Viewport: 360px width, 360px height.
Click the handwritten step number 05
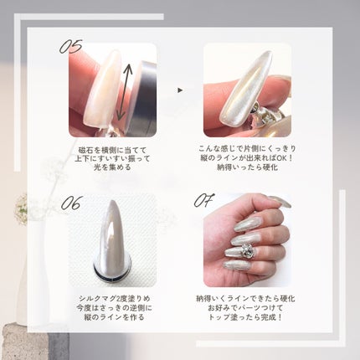click(x=70, y=47)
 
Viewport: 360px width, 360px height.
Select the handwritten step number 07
click(x=204, y=202)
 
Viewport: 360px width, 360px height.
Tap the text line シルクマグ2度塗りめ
click(x=112, y=300)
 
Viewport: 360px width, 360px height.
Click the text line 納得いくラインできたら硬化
click(x=247, y=300)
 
